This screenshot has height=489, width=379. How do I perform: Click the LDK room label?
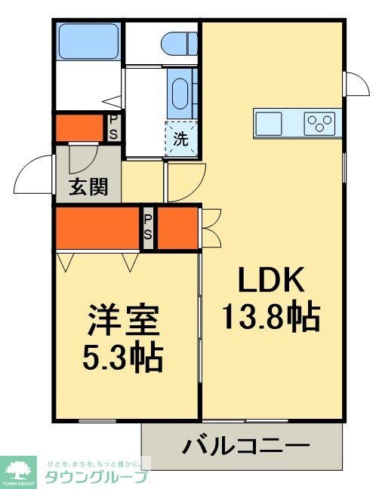[x=271, y=281]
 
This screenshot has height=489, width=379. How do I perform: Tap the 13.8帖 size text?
[x=271, y=315]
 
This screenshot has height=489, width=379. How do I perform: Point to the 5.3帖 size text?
[x=124, y=358]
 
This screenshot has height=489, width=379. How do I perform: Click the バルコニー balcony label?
[x=245, y=446]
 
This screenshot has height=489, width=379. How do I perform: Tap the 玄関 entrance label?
[x=88, y=187]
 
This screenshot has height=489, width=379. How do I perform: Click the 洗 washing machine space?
[x=181, y=139]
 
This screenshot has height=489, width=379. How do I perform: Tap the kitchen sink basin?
[x=270, y=121]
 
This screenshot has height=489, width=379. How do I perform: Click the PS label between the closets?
[x=149, y=227]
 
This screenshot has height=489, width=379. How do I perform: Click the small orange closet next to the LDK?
[x=178, y=229]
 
